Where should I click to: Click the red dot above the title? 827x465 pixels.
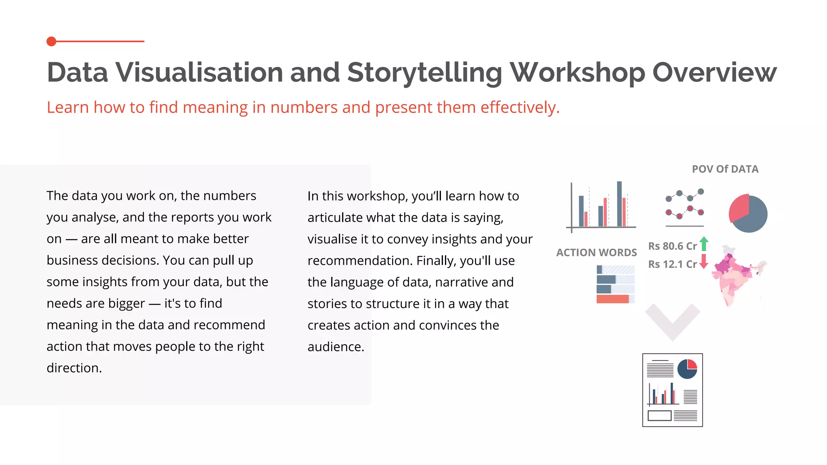[51, 41]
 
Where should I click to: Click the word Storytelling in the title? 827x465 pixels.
[424, 73]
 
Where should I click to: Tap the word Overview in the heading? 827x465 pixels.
[714, 73]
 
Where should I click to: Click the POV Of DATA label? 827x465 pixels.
[725, 169]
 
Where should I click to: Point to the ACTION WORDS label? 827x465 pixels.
[596, 253]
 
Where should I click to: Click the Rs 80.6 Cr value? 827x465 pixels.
[672, 246]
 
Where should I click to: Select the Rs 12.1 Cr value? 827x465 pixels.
[672, 264]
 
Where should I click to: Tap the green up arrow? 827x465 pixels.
[704, 244]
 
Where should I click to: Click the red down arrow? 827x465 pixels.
[704, 262]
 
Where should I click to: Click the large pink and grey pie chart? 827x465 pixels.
[748, 214]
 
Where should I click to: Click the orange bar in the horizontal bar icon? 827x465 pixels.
[613, 299]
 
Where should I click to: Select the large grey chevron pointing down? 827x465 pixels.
[672, 321]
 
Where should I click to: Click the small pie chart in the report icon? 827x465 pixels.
[687, 369]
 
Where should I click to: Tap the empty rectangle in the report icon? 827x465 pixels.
[659, 415]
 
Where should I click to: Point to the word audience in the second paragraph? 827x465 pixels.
[335, 347]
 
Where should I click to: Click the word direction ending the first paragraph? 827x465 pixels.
[73, 368]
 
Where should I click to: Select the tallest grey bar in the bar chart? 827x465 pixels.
[619, 204]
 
